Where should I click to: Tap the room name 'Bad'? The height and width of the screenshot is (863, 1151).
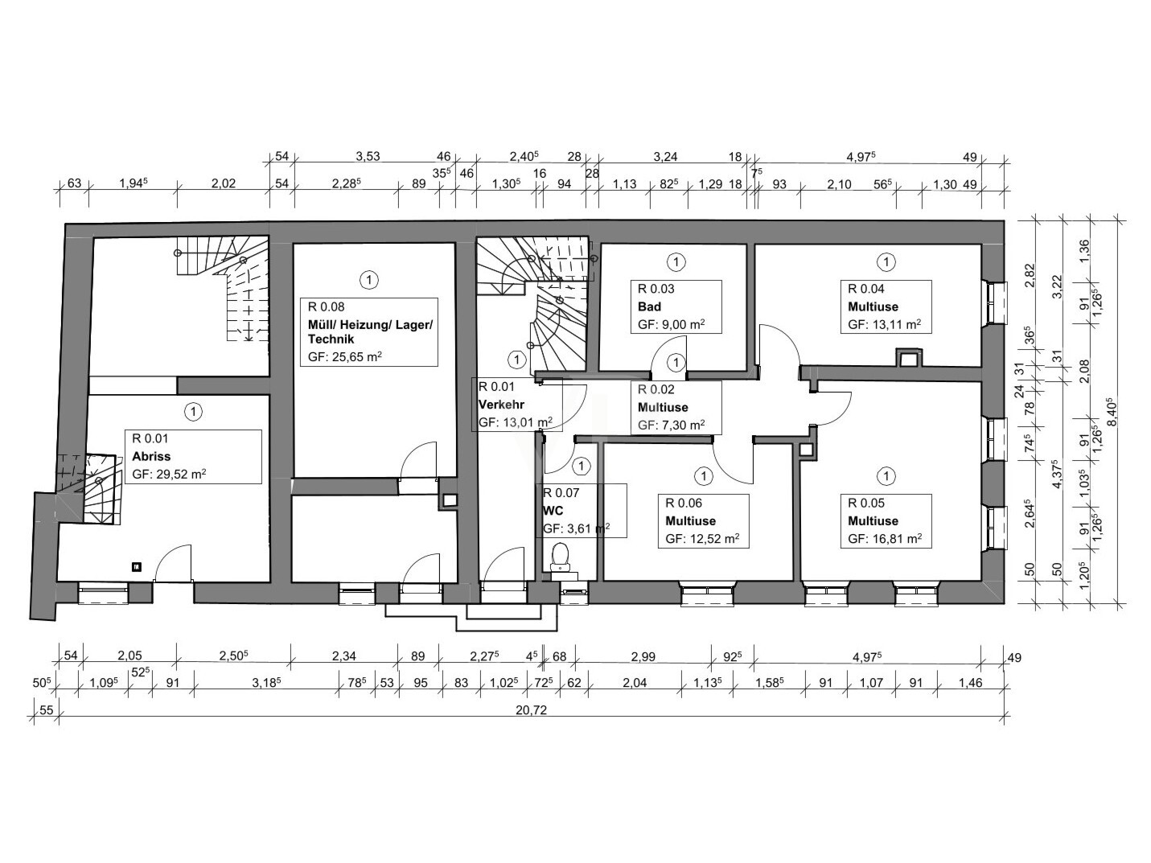pyautogui.click(x=649, y=306)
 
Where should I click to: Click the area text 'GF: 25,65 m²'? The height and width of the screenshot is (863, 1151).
pyautogui.click(x=345, y=357)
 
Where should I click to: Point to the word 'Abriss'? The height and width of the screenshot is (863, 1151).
pyautogui.click(x=151, y=456)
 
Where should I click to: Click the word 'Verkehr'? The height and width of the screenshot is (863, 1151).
pyautogui.click(x=501, y=405)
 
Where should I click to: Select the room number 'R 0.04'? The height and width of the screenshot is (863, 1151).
pyautogui.click(x=865, y=289)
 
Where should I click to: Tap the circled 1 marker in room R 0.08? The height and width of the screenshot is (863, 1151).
pyautogui.click(x=368, y=280)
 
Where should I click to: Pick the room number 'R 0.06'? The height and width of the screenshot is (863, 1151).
pyautogui.click(x=684, y=503)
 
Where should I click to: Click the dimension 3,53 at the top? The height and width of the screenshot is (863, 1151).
pyautogui.click(x=368, y=157)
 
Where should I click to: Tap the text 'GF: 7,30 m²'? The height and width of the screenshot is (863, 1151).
pyautogui.click(x=672, y=425)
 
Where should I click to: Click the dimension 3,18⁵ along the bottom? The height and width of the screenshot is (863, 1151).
pyautogui.click(x=265, y=683)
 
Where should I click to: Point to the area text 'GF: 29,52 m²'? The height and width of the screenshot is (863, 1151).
pyautogui.click(x=170, y=475)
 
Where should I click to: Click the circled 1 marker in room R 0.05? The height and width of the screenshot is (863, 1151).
pyautogui.click(x=886, y=477)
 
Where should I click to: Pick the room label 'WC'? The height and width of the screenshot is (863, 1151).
pyautogui.click(x=553, y=511)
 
